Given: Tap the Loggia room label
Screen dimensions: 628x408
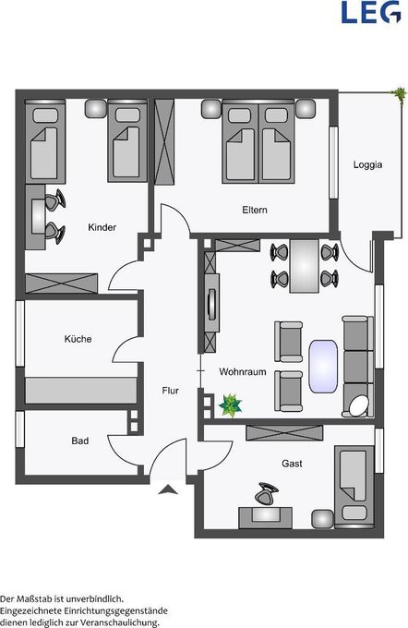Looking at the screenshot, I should coord(367,165).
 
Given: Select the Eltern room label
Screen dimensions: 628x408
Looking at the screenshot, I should coord(255,210).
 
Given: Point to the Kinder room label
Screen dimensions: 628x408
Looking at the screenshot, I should coord(102,228).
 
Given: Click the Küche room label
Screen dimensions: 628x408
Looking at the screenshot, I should coord(78,339).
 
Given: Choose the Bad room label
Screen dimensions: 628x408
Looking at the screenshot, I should coord(80,441).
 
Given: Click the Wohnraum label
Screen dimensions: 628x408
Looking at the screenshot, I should coord(242,371).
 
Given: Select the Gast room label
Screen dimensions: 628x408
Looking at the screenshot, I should coord(292,463).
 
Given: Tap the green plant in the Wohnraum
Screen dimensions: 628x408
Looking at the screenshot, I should coord(229,404).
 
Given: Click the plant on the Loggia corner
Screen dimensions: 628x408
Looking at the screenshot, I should coord(400,94).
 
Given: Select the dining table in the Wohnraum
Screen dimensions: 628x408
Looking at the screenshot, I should coord(303,265).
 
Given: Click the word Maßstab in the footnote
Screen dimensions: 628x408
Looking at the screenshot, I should coord(52,598).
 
